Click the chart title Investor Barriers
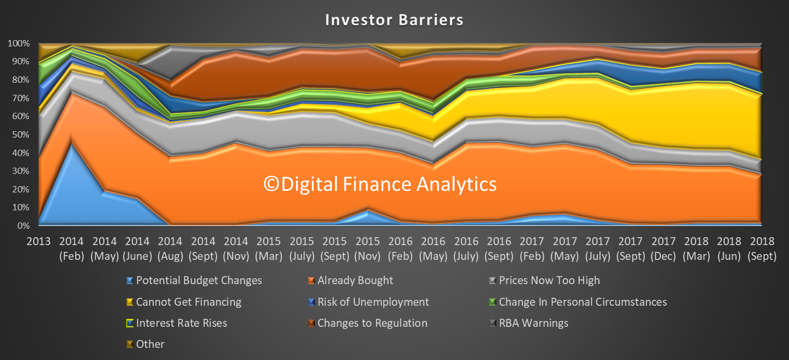[x=394, y=20]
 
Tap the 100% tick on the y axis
[x=18, y=44]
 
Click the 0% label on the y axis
[x=23, y=226]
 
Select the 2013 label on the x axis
[x=39, y=241]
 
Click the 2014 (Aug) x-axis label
[x=170, y=249]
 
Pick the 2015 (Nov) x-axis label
[x=368, y=249]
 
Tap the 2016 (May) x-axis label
[x=433, y=249]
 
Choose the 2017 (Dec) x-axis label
[x=663, y=249]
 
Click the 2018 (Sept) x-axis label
[x=762, y=249]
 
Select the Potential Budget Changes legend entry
[x=194, y=280]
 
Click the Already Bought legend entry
[x=351, y=280]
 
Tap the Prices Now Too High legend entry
[x=545, y=280]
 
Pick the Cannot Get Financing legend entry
[x=184, y=302]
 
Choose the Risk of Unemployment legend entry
[x=369, y=302]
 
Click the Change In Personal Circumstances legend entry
[x=578, y=302]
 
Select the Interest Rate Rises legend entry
[x=177, y=323]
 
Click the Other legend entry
[x=146, y=344]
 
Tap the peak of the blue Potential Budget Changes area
[x=72, y=144]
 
